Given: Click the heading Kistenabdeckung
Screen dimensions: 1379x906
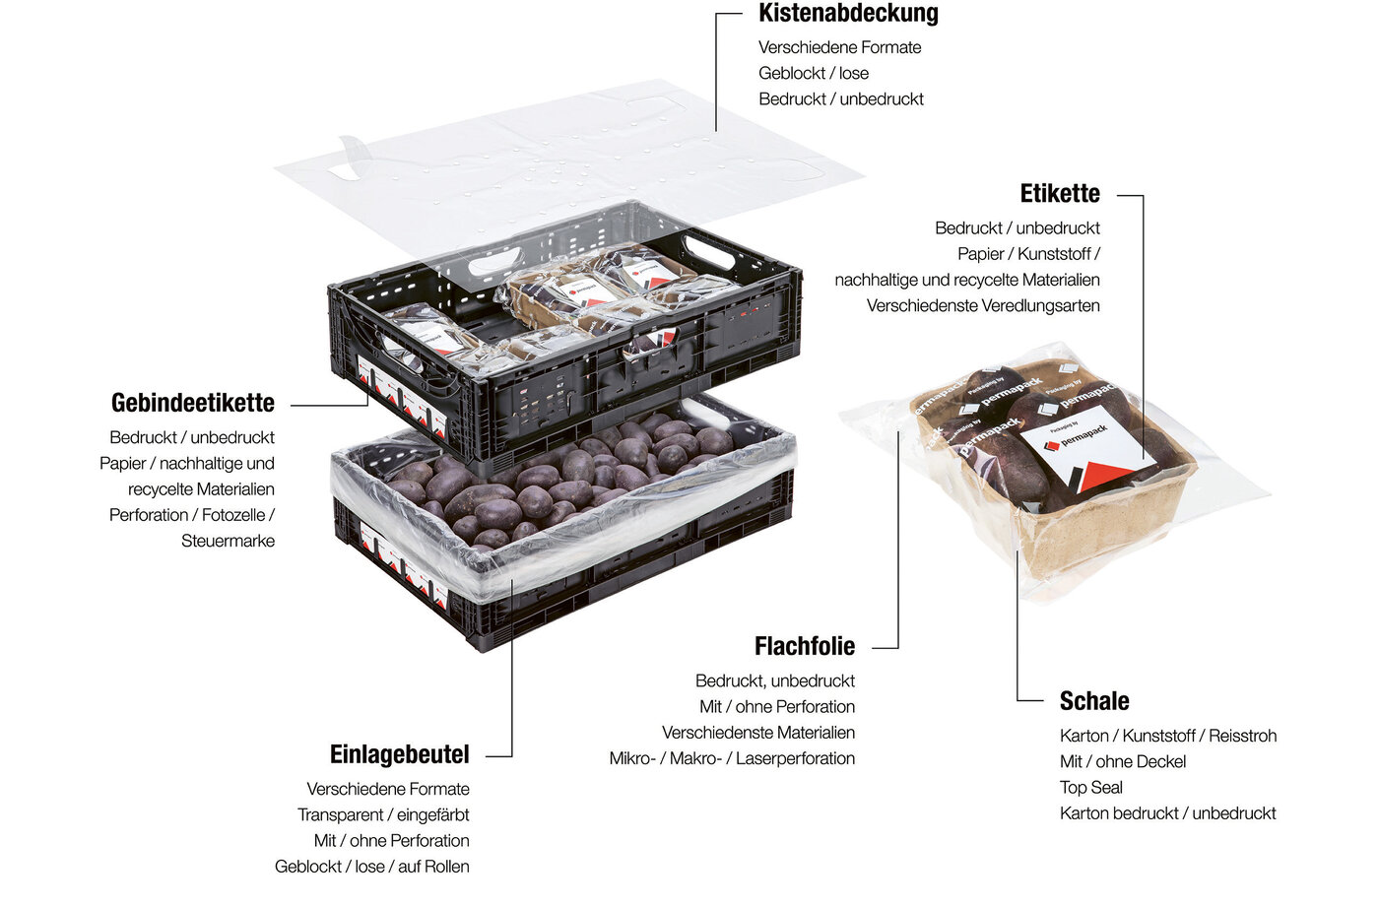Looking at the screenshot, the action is (848, 13).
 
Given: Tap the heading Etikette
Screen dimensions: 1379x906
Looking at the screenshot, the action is (1060, 193).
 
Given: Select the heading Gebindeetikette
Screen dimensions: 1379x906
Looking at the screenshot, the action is (193, 403).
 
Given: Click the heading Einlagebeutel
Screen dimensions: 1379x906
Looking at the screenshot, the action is (399, 754).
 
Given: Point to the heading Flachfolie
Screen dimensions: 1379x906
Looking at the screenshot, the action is (805, 646).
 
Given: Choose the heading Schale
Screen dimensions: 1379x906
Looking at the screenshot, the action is (1094, 701).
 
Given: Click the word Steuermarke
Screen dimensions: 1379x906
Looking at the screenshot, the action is (228, 541).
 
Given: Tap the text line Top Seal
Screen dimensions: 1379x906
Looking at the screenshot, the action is (1091, 787).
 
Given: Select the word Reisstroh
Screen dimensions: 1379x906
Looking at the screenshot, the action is (1242, 736).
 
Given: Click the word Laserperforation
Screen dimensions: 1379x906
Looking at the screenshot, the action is (795, 758).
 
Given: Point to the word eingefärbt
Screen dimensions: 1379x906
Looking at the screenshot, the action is (432, 815).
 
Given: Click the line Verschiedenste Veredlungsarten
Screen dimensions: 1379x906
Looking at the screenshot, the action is (983, 306).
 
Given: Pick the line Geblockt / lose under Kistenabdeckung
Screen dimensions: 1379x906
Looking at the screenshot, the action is (814, 73).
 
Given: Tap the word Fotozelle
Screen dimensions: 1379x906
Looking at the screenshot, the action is (233, 515).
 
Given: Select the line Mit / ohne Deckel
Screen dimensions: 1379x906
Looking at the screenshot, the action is (1122, 761).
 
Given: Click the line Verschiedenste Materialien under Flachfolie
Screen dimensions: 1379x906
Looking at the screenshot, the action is (757, 733).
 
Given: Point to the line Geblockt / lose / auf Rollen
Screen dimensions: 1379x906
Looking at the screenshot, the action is (372, 867).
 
